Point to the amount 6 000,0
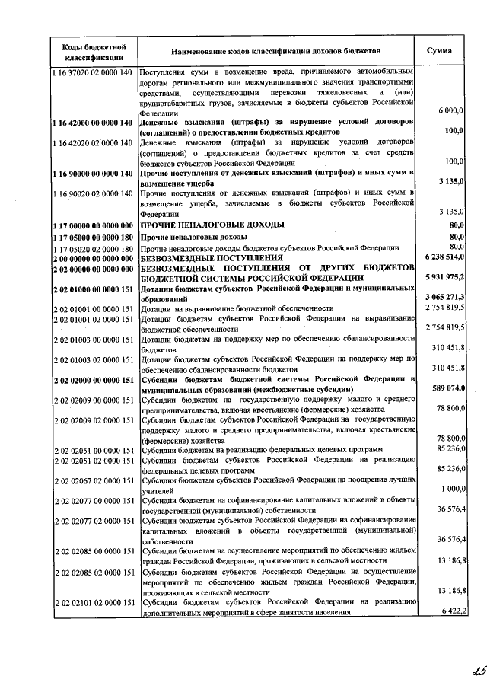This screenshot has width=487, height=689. [451, 111]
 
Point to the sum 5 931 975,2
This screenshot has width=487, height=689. [443, 278]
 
